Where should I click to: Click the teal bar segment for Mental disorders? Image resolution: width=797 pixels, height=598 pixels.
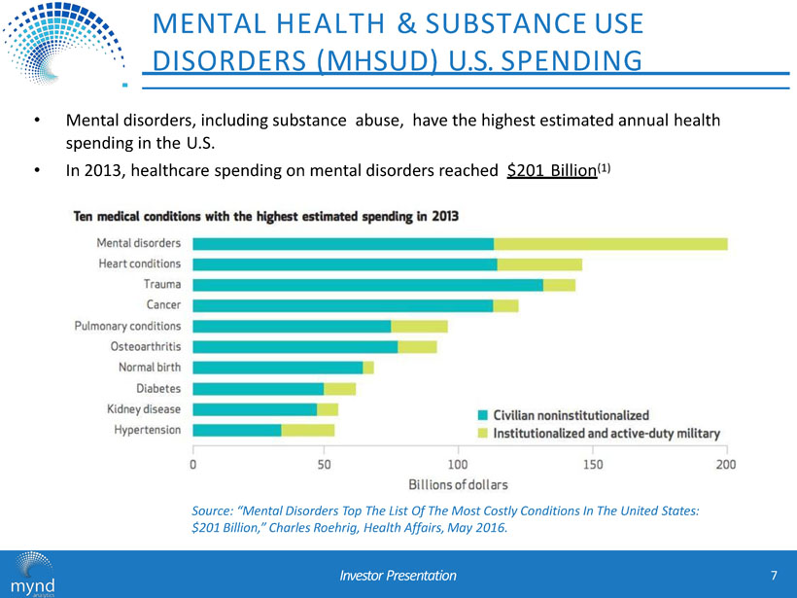[343, 243]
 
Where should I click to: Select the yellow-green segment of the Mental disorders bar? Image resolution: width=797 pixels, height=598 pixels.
[610, 243]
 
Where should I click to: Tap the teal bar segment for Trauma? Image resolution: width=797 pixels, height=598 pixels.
[367, 285]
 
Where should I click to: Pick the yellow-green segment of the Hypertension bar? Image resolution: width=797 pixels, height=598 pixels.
[307, 430]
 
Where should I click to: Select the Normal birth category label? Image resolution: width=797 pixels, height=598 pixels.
[150, 368]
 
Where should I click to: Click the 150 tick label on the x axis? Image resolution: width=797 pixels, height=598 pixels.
[592, 465]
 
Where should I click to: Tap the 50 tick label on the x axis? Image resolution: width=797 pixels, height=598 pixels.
[326, 465]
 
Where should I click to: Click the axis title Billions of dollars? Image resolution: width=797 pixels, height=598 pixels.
[458, 483]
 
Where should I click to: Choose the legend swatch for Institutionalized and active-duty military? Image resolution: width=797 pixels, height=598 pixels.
[482, 433]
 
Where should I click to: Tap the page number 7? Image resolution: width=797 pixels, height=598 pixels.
[774, 575]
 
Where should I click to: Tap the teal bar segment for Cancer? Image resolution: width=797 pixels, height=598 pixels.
[342, 305]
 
